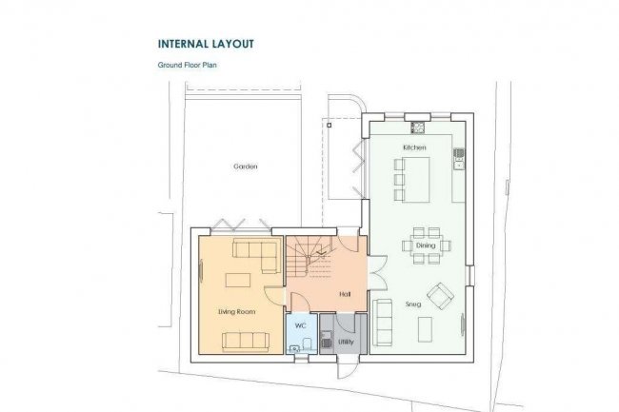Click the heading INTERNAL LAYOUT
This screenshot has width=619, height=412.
pyautogui.click(x=206, y=44)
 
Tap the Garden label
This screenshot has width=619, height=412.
pyautogui.click(x=246, y=167)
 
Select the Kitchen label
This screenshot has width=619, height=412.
pyautogui.click(x=413, y=148)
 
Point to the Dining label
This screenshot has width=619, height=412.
pyautogui.click(x=425, y=245)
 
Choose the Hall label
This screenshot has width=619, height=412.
pyautogui.click(x=345, y=295)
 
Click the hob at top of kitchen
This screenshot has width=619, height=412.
pyautogui.click(x=417, y=128)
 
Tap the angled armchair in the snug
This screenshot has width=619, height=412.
pyautogui.click(x=439, y=296)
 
